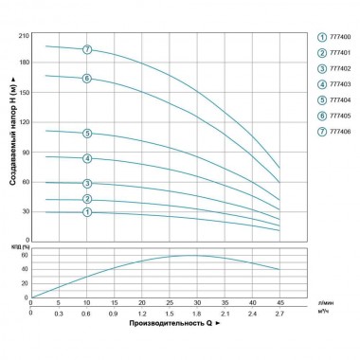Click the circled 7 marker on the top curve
point(87,48)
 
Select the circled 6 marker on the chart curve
point(87,79)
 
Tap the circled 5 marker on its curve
point(87,134)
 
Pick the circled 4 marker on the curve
point(87,158)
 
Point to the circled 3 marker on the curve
point(87,184)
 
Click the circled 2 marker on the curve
point(87,199)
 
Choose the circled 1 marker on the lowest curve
point(87,213)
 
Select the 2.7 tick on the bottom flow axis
point(279,312)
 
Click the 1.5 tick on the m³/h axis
point(169,312)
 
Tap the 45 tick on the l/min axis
point(279,303)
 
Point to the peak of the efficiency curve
point(194,255)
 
